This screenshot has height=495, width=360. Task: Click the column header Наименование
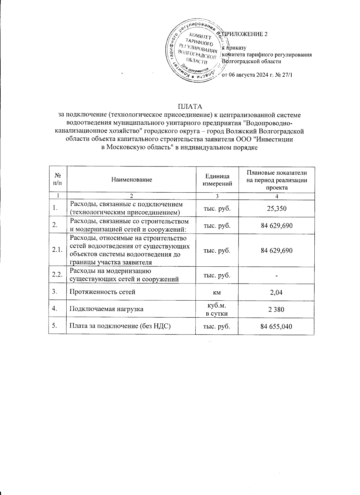[x=131, y=180]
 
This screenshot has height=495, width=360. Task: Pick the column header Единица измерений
[x=217, y=180]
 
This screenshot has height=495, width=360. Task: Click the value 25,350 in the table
[x=276, y=208]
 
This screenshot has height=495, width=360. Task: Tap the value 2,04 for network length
[x=276, y=292]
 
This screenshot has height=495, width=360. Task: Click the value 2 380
[x=276, y=309]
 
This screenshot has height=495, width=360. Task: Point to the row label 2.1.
[x=57, y=250]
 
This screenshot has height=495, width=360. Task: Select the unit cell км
[x=217, y=292]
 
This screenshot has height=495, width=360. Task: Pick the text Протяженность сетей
[x=103, y=292]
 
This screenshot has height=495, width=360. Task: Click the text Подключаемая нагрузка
[x=106, y=309]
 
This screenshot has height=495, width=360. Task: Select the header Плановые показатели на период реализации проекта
[x=276, y=180]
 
